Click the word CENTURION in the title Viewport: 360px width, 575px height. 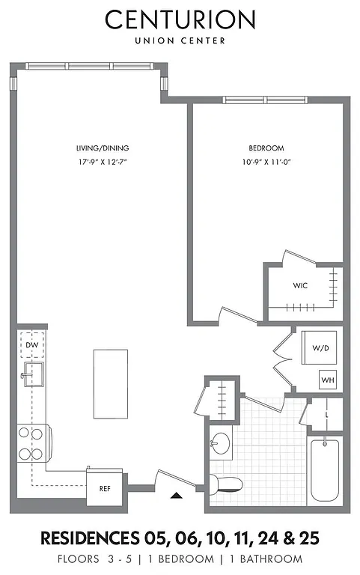[180, 19]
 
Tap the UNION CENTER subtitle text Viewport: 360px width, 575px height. [180, 40]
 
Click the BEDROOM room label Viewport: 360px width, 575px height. [266, 148]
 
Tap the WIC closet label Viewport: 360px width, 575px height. [300, 286]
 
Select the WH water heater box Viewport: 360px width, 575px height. [328, 380]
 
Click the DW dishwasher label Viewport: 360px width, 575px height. [31, 344]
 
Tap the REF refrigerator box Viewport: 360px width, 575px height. [105, 487]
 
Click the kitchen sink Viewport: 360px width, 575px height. [32, 374]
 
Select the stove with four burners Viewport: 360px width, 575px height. [32, 443]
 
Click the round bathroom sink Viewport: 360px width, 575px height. [220, 444]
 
